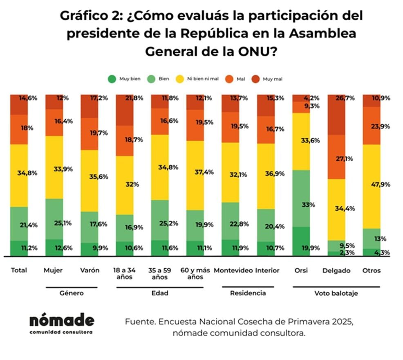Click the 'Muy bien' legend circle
112,79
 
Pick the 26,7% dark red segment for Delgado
336,115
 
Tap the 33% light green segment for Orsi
302,198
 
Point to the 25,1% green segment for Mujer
54,219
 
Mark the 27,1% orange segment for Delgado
336,157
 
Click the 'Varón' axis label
90,270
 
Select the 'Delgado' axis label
336,270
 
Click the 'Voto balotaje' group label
336,293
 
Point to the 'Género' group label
72,293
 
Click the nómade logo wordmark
61,320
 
